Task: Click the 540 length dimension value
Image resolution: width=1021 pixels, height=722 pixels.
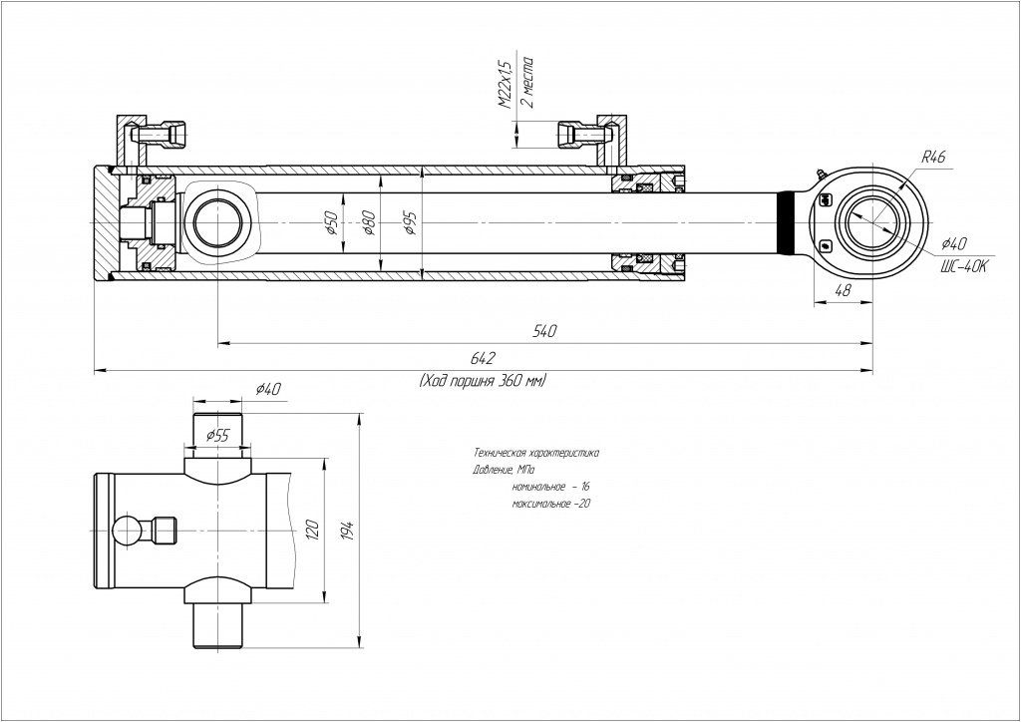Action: click(544, 331)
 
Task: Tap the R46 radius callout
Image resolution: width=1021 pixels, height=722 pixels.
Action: click(933, 158)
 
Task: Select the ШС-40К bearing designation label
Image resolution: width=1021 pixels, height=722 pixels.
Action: click(962, 266)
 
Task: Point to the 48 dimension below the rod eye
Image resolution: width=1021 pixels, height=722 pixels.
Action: click(842, 291)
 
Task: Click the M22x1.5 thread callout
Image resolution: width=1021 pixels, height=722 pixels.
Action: click(504, 84)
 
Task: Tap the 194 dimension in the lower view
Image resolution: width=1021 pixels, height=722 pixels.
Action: click(348, 529)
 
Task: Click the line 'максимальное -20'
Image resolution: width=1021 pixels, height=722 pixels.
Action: click(551, 505)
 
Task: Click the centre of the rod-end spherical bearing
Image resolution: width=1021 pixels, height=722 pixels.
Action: click(867, 219)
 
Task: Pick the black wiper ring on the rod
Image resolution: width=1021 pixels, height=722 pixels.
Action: click(787, 219)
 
